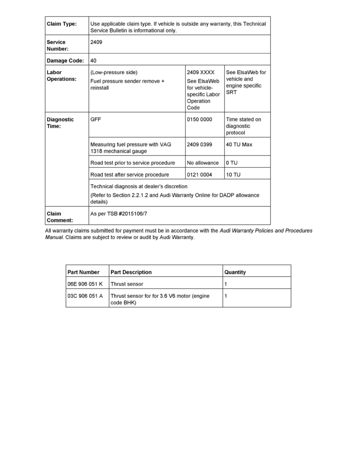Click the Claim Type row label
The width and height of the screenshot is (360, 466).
tap(62, 24)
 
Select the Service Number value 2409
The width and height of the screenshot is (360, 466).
tap(96, 42)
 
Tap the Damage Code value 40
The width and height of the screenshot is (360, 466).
tap(93, 61)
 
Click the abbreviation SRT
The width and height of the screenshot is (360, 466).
tap(231, 93)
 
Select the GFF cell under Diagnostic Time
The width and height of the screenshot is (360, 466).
tap(96, 120)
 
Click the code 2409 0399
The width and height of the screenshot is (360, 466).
tap(200, 145)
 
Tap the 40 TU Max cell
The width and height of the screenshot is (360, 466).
tap(239, 145)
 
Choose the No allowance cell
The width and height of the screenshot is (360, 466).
tap(203, 163)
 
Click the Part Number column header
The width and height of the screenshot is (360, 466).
tap(84, 272)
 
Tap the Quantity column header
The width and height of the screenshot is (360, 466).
tap(235, 272)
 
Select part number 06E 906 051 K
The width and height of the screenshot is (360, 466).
tap(85, 284)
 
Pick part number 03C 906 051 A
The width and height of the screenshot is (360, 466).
tap(85, 296)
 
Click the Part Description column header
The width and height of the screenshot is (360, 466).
tap(131, 272)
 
